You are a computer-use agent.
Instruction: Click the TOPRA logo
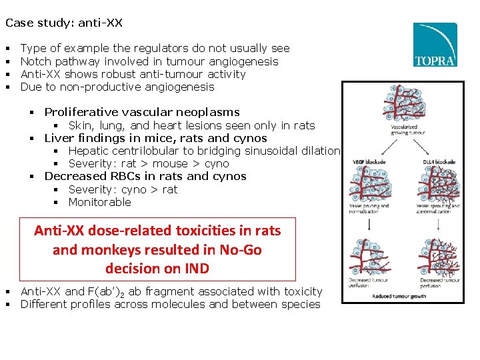pyautogui.click(x=435, y=45)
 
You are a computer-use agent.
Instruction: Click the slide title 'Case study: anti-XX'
pyautogui.click(x=64, y=23)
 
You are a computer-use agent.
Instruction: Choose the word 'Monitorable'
pyautogui.click(x=100, y=202)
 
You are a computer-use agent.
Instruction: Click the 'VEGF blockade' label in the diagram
pyautogui.click(x=362, y=161)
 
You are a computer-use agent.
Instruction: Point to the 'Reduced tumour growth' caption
pyautogui.click(x=399, y=296)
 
